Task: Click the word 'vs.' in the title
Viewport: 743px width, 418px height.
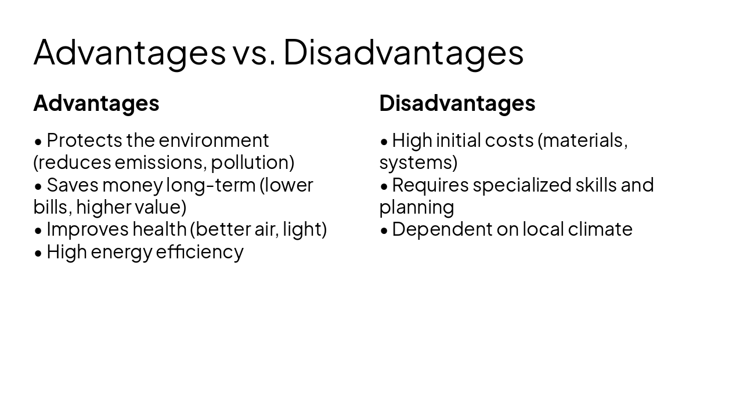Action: (254, 52)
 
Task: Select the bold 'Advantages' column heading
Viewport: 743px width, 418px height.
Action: (96, 103)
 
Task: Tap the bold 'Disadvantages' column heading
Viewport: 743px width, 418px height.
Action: (457, 103)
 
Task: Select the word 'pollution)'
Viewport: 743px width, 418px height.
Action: (253, 163)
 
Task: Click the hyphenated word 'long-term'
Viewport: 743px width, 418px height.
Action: (211, 185)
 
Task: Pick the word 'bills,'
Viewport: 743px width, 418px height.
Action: (52, 207)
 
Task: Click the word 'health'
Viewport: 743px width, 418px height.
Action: (159, 229)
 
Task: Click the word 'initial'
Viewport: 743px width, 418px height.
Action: (458, 140)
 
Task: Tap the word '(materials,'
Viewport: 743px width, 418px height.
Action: (582, 140)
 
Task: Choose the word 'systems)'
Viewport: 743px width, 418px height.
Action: (418, 163)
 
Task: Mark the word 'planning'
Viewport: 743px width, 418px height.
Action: (417, 207)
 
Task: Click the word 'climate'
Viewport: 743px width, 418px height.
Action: (600, 229)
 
